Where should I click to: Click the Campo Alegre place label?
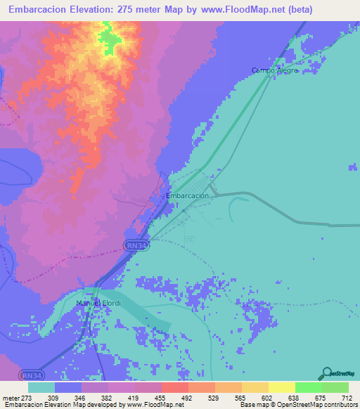[x=276, y=70]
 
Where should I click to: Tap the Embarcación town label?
[x=188, y=197]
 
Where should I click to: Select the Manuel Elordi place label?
[x=99, y=304]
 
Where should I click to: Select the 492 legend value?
[x=187, y=397]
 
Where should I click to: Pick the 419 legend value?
[x=134, y=397]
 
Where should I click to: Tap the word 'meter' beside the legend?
[x=8, y=397]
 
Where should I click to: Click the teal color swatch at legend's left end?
[x=41, y=387]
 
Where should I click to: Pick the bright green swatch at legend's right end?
[x=335, y=387]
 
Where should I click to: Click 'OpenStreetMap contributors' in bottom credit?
[x=320, y=405]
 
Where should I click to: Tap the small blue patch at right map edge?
[x=353, y=167]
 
